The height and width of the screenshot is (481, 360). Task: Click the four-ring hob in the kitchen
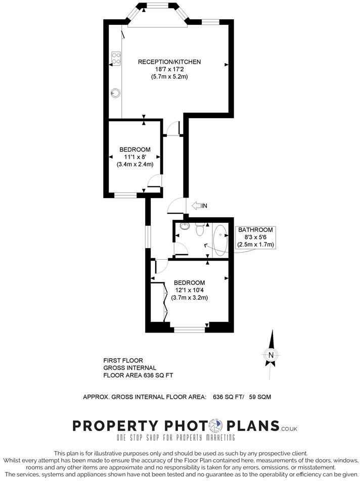click(116, 59)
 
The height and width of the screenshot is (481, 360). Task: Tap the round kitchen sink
click(116, 92)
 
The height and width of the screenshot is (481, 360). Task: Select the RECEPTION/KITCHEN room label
click(169, 62)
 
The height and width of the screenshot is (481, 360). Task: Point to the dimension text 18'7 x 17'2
click(169, 69)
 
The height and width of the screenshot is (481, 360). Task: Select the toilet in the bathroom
click(200, 230)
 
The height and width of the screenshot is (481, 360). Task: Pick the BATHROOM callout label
click(255, 229)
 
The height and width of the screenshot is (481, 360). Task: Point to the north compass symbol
click(271, 354)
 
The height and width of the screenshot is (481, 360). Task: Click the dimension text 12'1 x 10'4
click(189, 290)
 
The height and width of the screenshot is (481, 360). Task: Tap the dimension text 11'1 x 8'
click(135, 157)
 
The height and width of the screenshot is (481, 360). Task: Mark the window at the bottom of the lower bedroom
click(190, 329)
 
